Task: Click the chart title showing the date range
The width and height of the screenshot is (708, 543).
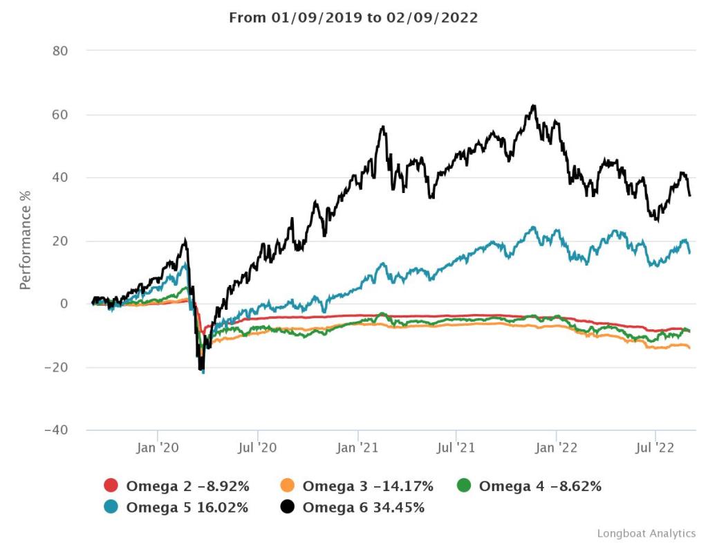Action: tap(353, 18)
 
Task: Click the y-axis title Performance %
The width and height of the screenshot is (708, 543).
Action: tap(25, 240)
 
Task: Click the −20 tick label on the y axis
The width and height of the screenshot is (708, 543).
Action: tap(62, 367)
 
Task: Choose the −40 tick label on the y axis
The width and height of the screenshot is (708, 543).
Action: tap(62, 430)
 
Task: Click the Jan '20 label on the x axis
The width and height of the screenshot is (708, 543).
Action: tap(158, 448)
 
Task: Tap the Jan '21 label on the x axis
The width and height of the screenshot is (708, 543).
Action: tap(357, 448)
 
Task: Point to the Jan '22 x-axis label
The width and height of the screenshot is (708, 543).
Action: tap(557, 448)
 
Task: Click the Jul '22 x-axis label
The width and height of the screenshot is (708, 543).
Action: tap(655, 448)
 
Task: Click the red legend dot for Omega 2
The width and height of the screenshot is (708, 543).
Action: tap(111, 486)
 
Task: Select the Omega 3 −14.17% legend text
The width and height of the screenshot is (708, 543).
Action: tap(368, 486)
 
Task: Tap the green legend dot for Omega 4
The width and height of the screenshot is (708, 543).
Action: tap(465, 486)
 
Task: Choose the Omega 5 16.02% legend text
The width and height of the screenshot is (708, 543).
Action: tap(187, 508)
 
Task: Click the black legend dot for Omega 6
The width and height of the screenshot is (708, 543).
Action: tap(288, 508)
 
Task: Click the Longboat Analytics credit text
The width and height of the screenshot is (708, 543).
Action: tap(646, 533)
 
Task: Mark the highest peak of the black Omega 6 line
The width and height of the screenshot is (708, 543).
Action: tap(533, 106)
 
